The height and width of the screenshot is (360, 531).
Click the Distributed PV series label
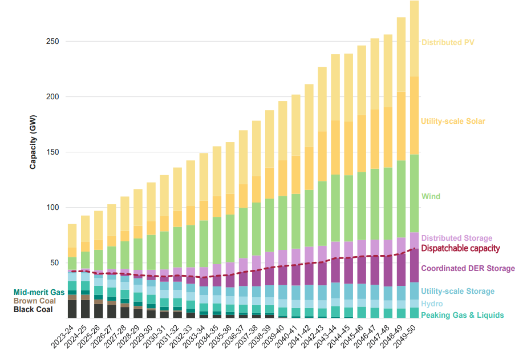(x=448, y=42)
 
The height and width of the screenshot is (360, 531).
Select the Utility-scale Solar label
(x=453, y=122)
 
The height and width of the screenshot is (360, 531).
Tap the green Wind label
(x=431, y=197)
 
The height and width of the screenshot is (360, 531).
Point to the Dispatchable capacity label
(x=460, y=248)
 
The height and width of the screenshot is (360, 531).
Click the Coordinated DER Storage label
(x=468, y=268)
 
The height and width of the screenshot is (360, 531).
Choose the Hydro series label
(x=432, y=304)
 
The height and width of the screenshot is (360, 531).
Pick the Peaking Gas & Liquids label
(x=462, y=315)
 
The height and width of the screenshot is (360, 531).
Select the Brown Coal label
(x=34, y=301)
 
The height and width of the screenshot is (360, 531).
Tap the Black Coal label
(x=34, y=309)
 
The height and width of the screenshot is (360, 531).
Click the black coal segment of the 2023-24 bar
(x=72, y=309)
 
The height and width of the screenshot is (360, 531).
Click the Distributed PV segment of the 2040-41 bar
(x=296, y=125)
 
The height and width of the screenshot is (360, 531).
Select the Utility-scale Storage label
(x=457, y=292)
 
